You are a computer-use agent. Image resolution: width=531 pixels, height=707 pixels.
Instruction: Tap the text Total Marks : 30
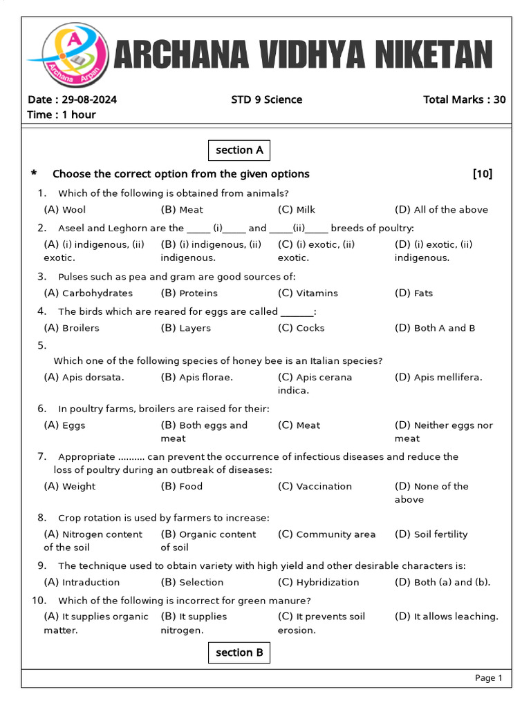pyautogui.click(x=464, y=99)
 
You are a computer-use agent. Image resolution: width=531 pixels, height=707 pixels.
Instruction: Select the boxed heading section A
pyautogui.click(x=239, y=150)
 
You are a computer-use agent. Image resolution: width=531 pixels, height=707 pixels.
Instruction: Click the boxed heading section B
pyautogui.click(x=239, y=652)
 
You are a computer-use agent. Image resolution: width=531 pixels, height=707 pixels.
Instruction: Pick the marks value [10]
pyautogui.click(x=482, y=174)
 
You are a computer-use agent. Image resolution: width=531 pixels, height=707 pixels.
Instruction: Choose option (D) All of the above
pyautogui.click(x=441, y=210)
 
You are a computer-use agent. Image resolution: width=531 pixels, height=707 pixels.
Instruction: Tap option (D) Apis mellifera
pyautogui.click(x=438, y=377)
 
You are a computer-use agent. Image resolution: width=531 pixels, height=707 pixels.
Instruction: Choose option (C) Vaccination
pyautogui.click(x=315, y=486)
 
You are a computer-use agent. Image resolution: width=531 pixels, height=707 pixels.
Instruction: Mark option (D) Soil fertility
pyautogui.click(x=431, y=534)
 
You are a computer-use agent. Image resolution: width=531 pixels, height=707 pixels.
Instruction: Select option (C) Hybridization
pyautogui.click(x=318, y=582)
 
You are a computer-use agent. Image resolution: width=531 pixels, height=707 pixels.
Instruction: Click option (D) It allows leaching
pyautogui.click(x=446, y=617)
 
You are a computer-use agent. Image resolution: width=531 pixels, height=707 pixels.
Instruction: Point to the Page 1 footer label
pyautogui.click(x=488, y=678)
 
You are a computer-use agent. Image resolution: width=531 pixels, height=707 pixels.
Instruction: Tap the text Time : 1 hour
pyautogui.click(x=62, y=115)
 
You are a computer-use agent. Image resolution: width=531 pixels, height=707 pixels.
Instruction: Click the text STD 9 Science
pyautogui.click(x=266, y=99)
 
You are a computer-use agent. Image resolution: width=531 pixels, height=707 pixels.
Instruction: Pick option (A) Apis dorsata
pyautogui.click(x=84, y=377)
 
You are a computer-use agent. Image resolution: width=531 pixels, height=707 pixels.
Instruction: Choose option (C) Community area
pyautogui.click(x=326, y=534)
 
